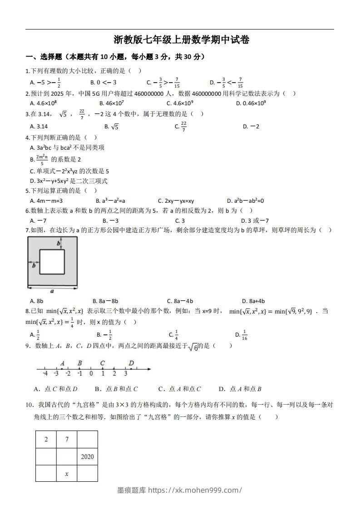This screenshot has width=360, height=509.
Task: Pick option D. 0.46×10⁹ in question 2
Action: pos(251,103)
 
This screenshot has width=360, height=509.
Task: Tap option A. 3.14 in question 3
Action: pos(39,127)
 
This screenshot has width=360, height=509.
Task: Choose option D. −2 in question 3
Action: pos(251,127)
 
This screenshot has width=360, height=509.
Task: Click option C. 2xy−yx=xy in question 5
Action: pos(176,201)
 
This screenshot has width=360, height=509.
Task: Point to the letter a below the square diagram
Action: pos(52,291)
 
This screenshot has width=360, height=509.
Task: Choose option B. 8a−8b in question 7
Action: pos(105,301)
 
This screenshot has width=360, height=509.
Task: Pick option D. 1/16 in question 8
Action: pos(241,335)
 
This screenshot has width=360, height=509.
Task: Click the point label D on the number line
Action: pos(131,363)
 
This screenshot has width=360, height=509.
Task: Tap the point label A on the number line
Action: pos(62,363)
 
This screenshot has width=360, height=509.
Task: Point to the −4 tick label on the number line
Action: pos(45,374)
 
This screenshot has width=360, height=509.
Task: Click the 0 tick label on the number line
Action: pos(91,374)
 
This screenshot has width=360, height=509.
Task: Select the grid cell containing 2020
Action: pos(87,456)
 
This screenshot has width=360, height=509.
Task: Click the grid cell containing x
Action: pos(66,474)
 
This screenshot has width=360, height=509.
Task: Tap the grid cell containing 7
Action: pos(66,439)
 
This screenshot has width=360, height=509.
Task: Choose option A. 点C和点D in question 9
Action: pos(55,389)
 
